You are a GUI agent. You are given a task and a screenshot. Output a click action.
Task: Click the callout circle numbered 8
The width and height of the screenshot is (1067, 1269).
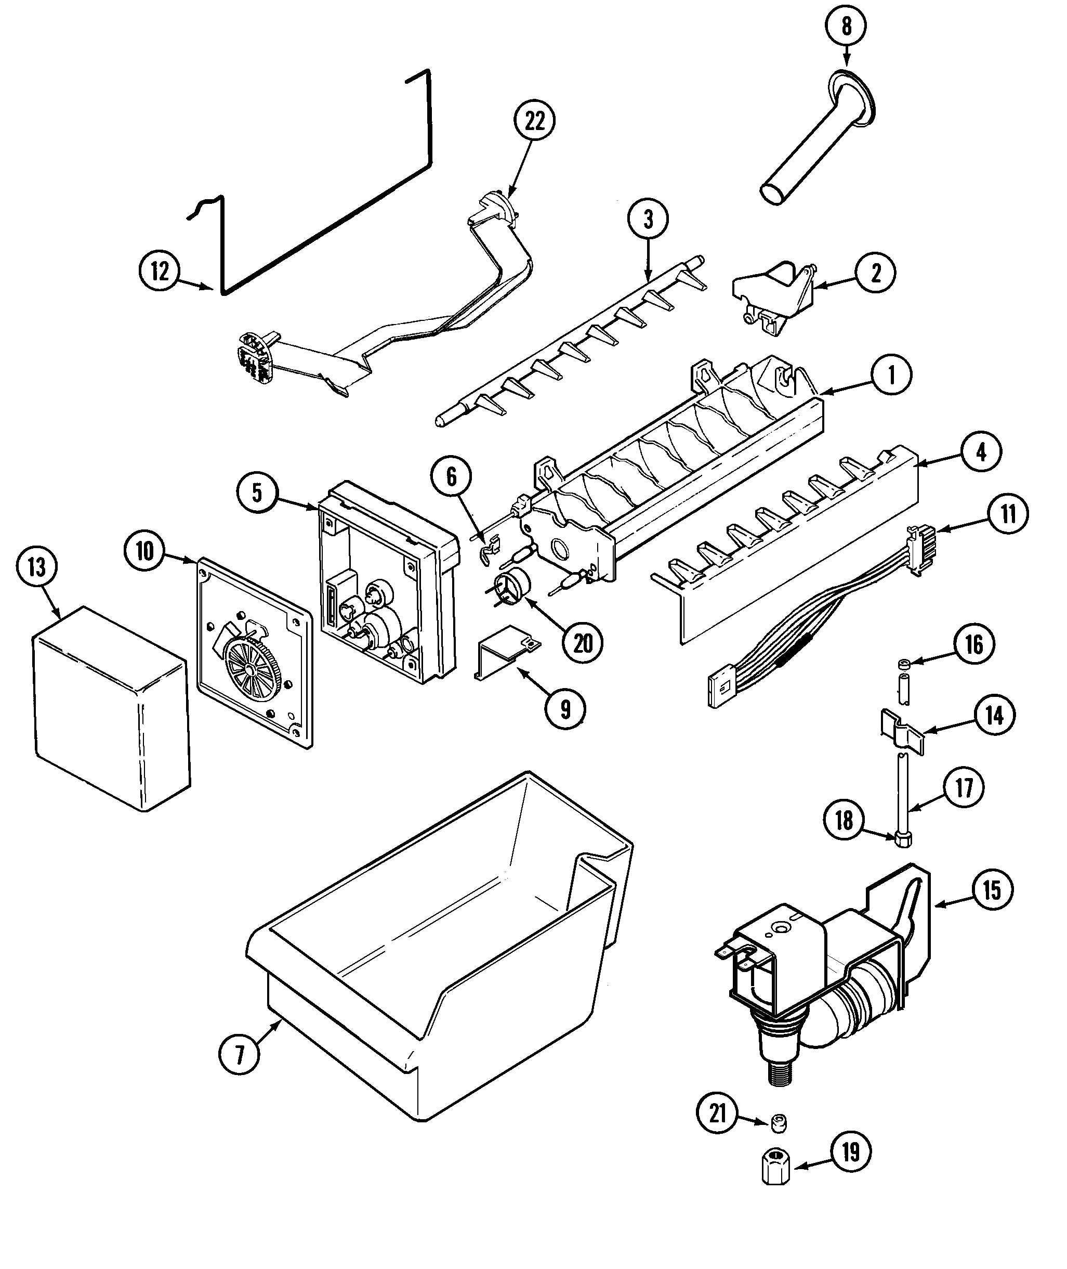click(x=846, y=27)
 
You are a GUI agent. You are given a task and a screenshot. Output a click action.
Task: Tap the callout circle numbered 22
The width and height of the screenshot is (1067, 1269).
click(x=535, y=122)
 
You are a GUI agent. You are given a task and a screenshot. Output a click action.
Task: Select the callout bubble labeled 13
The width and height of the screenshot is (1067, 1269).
click(x=37, y=567)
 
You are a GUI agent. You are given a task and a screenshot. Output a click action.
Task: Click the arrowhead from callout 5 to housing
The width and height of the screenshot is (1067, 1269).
click(x=316, y=509)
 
